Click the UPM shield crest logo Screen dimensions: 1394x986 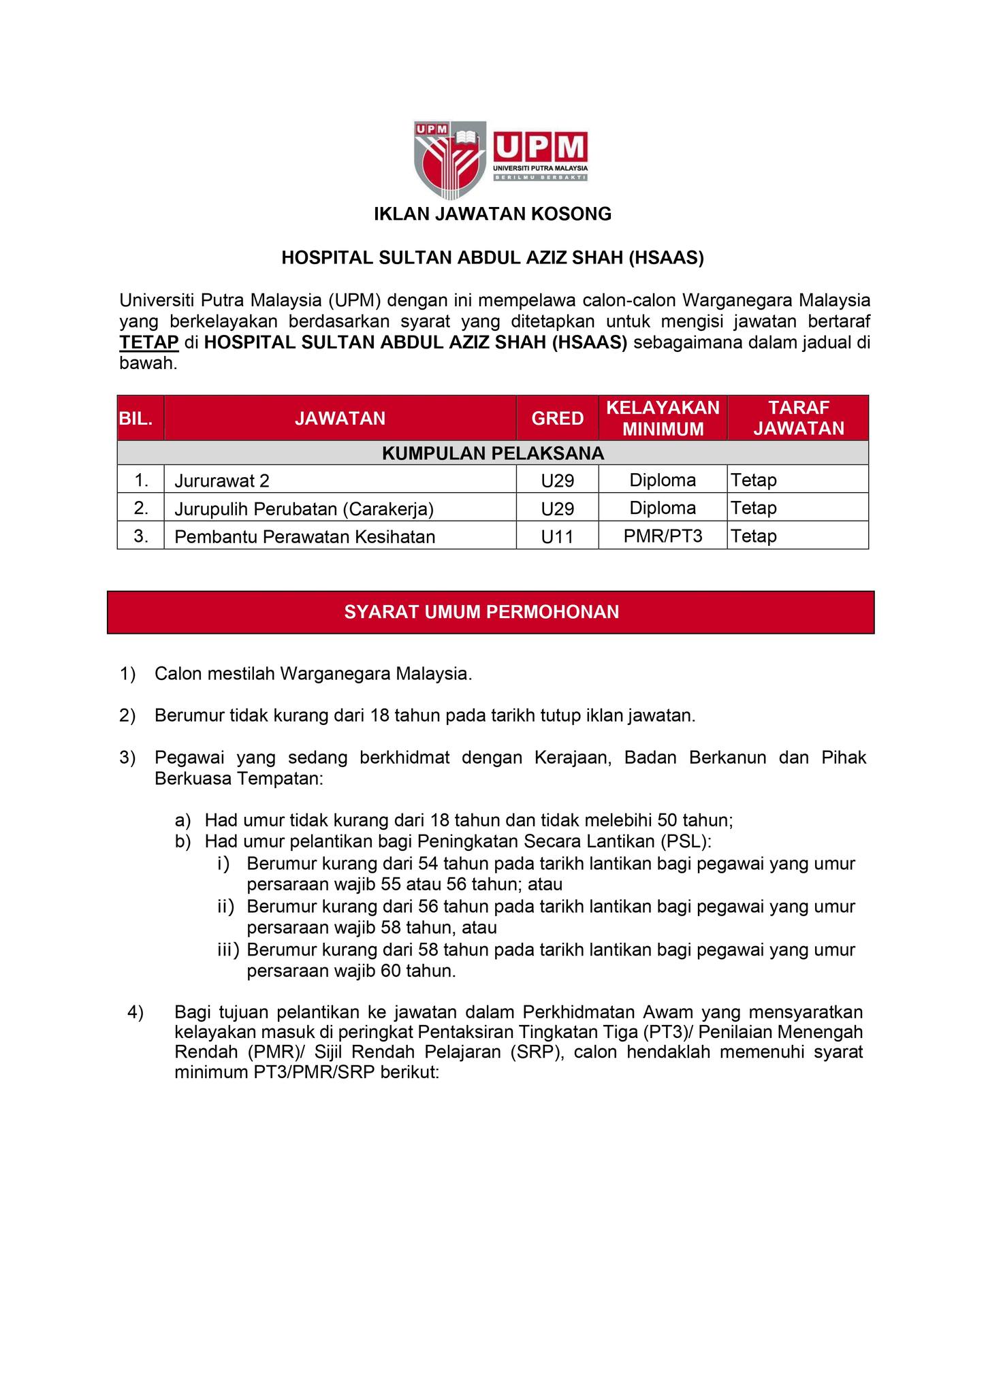(451, 158)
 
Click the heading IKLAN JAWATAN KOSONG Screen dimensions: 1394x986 (492, 214)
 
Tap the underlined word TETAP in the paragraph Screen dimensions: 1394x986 (149, 342)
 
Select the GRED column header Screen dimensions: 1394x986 (557, 418)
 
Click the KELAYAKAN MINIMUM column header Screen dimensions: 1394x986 (663, 418)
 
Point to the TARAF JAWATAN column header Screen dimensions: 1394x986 (798, 418)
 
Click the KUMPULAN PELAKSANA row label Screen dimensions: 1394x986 (492, 453)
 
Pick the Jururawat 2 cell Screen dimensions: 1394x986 (222, 481)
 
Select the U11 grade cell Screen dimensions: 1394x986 (557, 537)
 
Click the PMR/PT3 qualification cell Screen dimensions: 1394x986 (663, 536)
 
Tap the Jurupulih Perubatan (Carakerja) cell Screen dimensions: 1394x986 (304, 509)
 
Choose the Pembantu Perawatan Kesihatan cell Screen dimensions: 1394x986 (304, 537)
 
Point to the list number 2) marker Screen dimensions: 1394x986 (128, 715)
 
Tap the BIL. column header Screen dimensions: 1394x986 (140, 418)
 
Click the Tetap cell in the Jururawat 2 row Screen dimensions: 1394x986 (754, 481)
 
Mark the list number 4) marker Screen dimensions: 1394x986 (136, 1012)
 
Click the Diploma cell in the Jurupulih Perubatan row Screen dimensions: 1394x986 (663, 508)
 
